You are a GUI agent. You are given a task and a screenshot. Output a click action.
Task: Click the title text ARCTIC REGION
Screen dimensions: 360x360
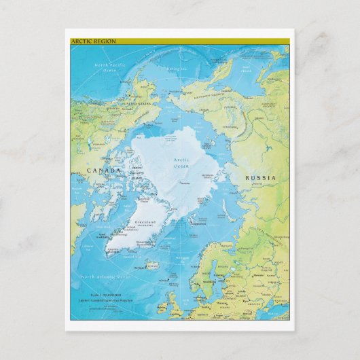coord(94,41)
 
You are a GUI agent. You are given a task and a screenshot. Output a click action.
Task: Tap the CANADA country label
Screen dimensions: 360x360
coord(103,170)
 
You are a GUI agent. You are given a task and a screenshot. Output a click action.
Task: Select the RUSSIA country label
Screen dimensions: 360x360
coord(262,178)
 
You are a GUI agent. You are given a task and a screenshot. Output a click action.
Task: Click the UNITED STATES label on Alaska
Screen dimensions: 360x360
coord(135,104)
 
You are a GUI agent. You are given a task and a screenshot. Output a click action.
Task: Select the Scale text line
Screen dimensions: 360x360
coord(105,297)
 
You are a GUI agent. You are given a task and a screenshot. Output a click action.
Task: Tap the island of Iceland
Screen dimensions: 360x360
coord(153,266)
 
